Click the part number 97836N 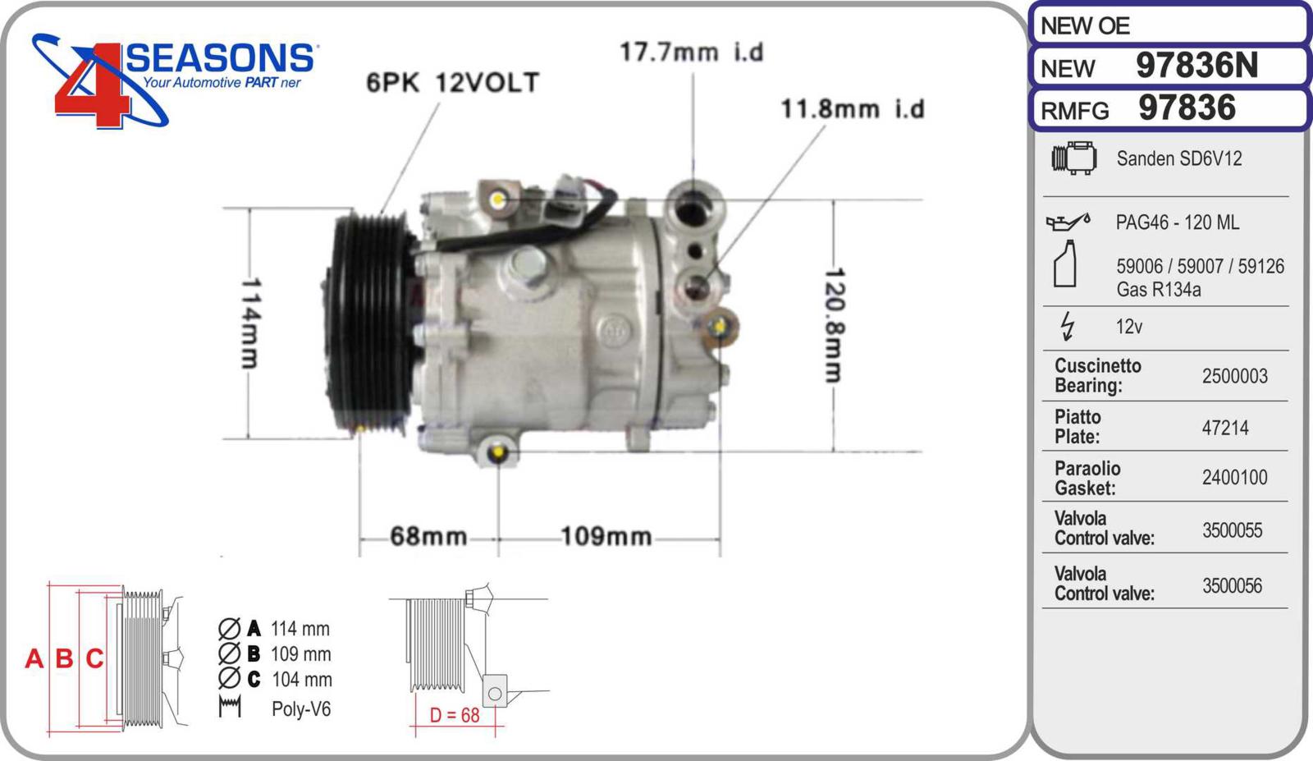coord(1196,65)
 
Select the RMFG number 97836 coord(1187,108)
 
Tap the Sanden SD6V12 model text coord(1178,158)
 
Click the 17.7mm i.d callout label coord(692,53)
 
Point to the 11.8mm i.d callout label coord(853,109)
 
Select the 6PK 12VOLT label coord(452,83)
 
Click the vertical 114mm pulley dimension coord(251,323)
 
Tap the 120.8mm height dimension coord(835,325)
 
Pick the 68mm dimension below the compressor coord(428,536)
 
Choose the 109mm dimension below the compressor coord(606,536)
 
